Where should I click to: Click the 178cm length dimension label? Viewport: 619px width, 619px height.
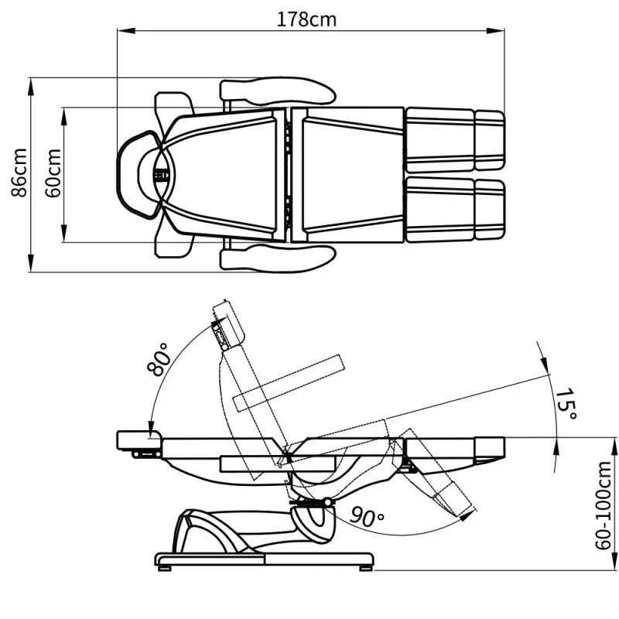pos(306,19)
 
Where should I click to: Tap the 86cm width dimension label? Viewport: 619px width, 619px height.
pos(19,173)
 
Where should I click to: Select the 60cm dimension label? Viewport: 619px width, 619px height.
pos(53,173)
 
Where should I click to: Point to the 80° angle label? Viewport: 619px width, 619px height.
pos(159,359)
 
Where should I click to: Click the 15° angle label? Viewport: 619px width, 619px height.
pos(566,404)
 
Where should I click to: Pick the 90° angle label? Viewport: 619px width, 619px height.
pos(367,517)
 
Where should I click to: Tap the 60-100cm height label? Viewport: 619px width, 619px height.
pos(604,505)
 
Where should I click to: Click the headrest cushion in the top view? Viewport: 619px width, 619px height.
pos(139,175)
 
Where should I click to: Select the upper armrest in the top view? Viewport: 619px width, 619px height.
pos(278,91)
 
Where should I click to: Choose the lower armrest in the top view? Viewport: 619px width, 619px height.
pos(278,258)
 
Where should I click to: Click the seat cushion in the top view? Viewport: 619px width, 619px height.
pos(347,175)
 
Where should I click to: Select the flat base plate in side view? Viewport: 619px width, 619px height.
pos(264,559)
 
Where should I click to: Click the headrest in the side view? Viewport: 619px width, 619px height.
pos(139,441)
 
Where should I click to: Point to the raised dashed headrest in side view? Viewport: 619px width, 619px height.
pos(228,324)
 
